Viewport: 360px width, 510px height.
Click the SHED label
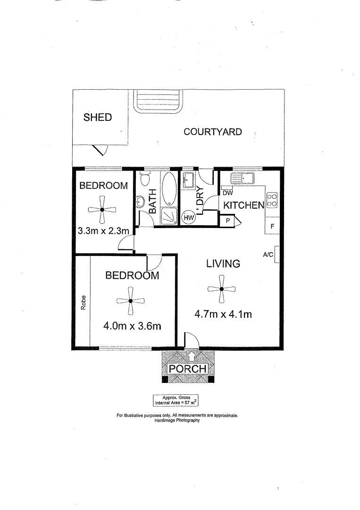click(x=98, y=117)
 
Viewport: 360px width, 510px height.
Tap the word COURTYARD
click(x=212, y=132)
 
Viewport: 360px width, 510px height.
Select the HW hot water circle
click(x=188, y=218)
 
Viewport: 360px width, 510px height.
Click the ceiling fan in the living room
click(x=221, y=289)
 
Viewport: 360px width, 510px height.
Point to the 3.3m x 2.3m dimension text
click(x=103, y=231)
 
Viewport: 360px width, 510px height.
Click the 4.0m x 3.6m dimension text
click(x=132, y=325)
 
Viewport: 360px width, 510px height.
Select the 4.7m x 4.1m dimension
click(x=223, y=314)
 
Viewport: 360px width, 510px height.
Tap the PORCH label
click(x=187, y=369)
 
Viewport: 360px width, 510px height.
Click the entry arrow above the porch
click(x=192, y=356)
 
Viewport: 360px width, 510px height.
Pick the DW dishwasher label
click(x=228, y=193)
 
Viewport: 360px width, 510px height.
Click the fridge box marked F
click(x=272, y=226)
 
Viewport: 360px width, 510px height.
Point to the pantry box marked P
click(x=228, y=221)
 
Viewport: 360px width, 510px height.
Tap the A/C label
click(x=268, y=255)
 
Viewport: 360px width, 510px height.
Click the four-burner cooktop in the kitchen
click(x=272, y=200)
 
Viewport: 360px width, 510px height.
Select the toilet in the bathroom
click(x=144, y=178)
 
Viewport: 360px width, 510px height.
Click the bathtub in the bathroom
click(x=169, y=188)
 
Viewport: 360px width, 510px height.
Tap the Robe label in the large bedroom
click(x=84, y=303)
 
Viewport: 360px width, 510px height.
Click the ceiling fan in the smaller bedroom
click(x=102, y=210)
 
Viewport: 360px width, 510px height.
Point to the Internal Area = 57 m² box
click(x=176, y=400)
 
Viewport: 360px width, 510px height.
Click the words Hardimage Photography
click(x=177, y=420)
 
